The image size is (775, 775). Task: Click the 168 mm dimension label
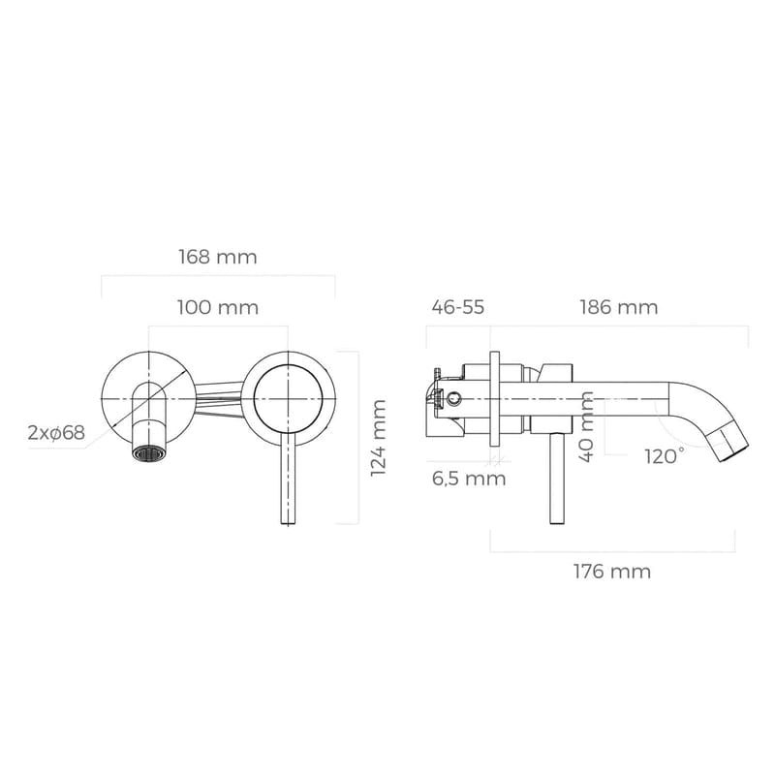[217, 258]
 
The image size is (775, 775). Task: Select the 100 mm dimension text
[217, 308]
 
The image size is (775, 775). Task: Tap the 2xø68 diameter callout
[57, 433]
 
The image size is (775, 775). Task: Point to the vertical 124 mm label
[379, 437]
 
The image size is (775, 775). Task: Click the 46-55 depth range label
[457, 307]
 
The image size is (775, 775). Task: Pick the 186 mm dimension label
[619, 307]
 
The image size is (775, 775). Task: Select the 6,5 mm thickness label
[470, 478]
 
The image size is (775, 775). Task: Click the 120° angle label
[665, 455]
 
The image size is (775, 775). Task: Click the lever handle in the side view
[556, 480]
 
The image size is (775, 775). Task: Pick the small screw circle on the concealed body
[451, 396]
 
